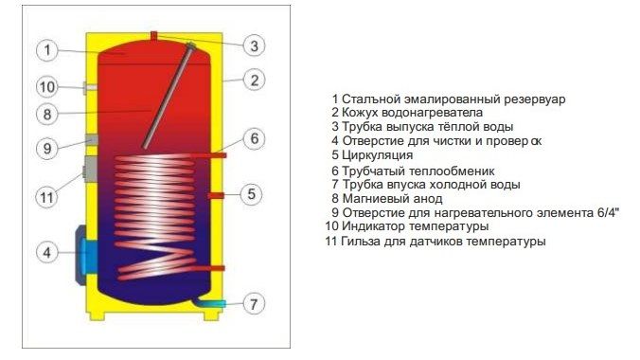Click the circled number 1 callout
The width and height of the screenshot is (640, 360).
pos(47,50)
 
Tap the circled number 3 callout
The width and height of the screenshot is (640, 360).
pos(254,45)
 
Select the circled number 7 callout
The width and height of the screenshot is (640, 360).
pos(254,303)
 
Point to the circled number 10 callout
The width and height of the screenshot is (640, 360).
pos(47,86)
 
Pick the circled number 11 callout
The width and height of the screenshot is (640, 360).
pos(47,197)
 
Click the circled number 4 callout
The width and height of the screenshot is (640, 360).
pos(47,252)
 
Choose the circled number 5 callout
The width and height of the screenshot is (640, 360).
pos(252,193)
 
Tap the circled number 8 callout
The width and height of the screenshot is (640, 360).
pos(47,114)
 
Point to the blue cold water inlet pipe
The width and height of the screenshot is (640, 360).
pos(210,303)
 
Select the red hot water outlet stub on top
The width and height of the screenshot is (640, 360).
pos(154,36)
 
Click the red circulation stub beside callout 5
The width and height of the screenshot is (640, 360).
pos(216,195)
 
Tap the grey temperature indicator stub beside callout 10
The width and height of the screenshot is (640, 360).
pos(90,87)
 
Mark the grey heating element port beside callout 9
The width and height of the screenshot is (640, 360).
pos(92,139)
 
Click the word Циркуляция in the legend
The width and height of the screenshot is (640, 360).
pos(378,155)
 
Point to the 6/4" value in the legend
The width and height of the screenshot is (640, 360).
pos(606,212)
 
